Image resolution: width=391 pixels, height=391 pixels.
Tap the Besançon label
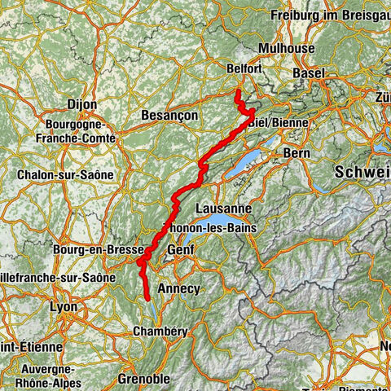pyautogui.click(x=169, y=116)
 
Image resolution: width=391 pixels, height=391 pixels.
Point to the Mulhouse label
pyautogui.click(x=287, y=49)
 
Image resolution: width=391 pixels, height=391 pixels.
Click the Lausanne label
pyautogui.click(x=217, y=208)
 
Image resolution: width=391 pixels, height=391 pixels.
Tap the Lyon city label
pyautogui.click(x=63, y=307)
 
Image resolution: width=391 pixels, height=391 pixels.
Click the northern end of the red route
pyautogui.click(x=236, y=93)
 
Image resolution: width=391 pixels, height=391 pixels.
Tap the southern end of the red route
pyautogui.click(x=148, y=299)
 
